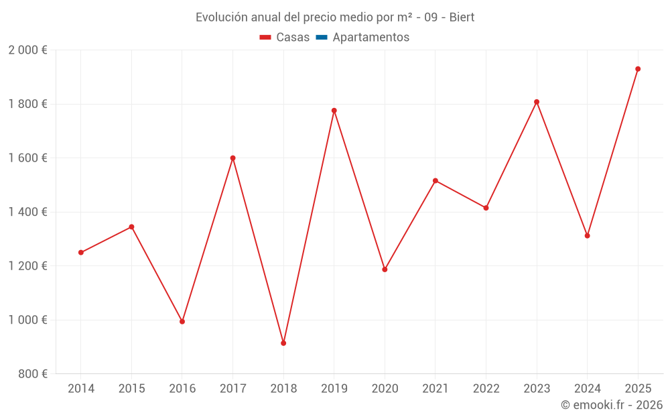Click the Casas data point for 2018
click(283, 343)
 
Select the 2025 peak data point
click(638, 69)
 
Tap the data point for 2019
click(334, 111)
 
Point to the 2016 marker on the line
click(182, 322)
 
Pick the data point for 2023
click(537, 102)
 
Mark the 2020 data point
click(385, 270)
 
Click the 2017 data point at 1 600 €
click(232, 158)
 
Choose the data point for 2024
click(587, 236)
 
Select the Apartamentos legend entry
click(371, 38)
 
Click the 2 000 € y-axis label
click(27, 50)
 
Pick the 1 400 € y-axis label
click(27, 212)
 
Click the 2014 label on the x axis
click(81, 389)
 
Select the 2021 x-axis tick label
click(435, 389)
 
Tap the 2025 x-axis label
click(638, 389)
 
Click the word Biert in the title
click(462, 17)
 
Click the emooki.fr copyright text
click(612, 405)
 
